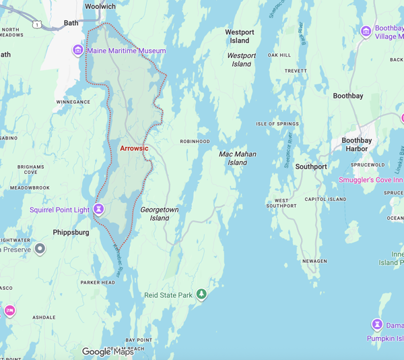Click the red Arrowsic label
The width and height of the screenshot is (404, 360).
134,148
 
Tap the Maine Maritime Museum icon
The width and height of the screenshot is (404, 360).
78,51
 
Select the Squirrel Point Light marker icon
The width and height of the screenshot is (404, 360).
99,210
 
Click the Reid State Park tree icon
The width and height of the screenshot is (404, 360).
201,295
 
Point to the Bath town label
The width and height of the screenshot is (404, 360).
71,23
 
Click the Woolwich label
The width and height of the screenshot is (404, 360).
100,6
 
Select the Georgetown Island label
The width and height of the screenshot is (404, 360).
160,214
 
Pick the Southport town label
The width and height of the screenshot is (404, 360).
311,167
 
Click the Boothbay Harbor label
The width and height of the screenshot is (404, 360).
356,144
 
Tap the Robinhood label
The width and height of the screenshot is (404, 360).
195,142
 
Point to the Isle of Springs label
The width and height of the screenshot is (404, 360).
277,124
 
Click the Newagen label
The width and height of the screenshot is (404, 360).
314,261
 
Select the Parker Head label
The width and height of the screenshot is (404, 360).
98,282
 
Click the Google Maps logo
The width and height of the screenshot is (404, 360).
108,351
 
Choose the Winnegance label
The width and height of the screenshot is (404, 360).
73,102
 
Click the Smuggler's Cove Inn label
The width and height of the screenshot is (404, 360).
371,180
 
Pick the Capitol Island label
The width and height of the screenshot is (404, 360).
325,200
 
